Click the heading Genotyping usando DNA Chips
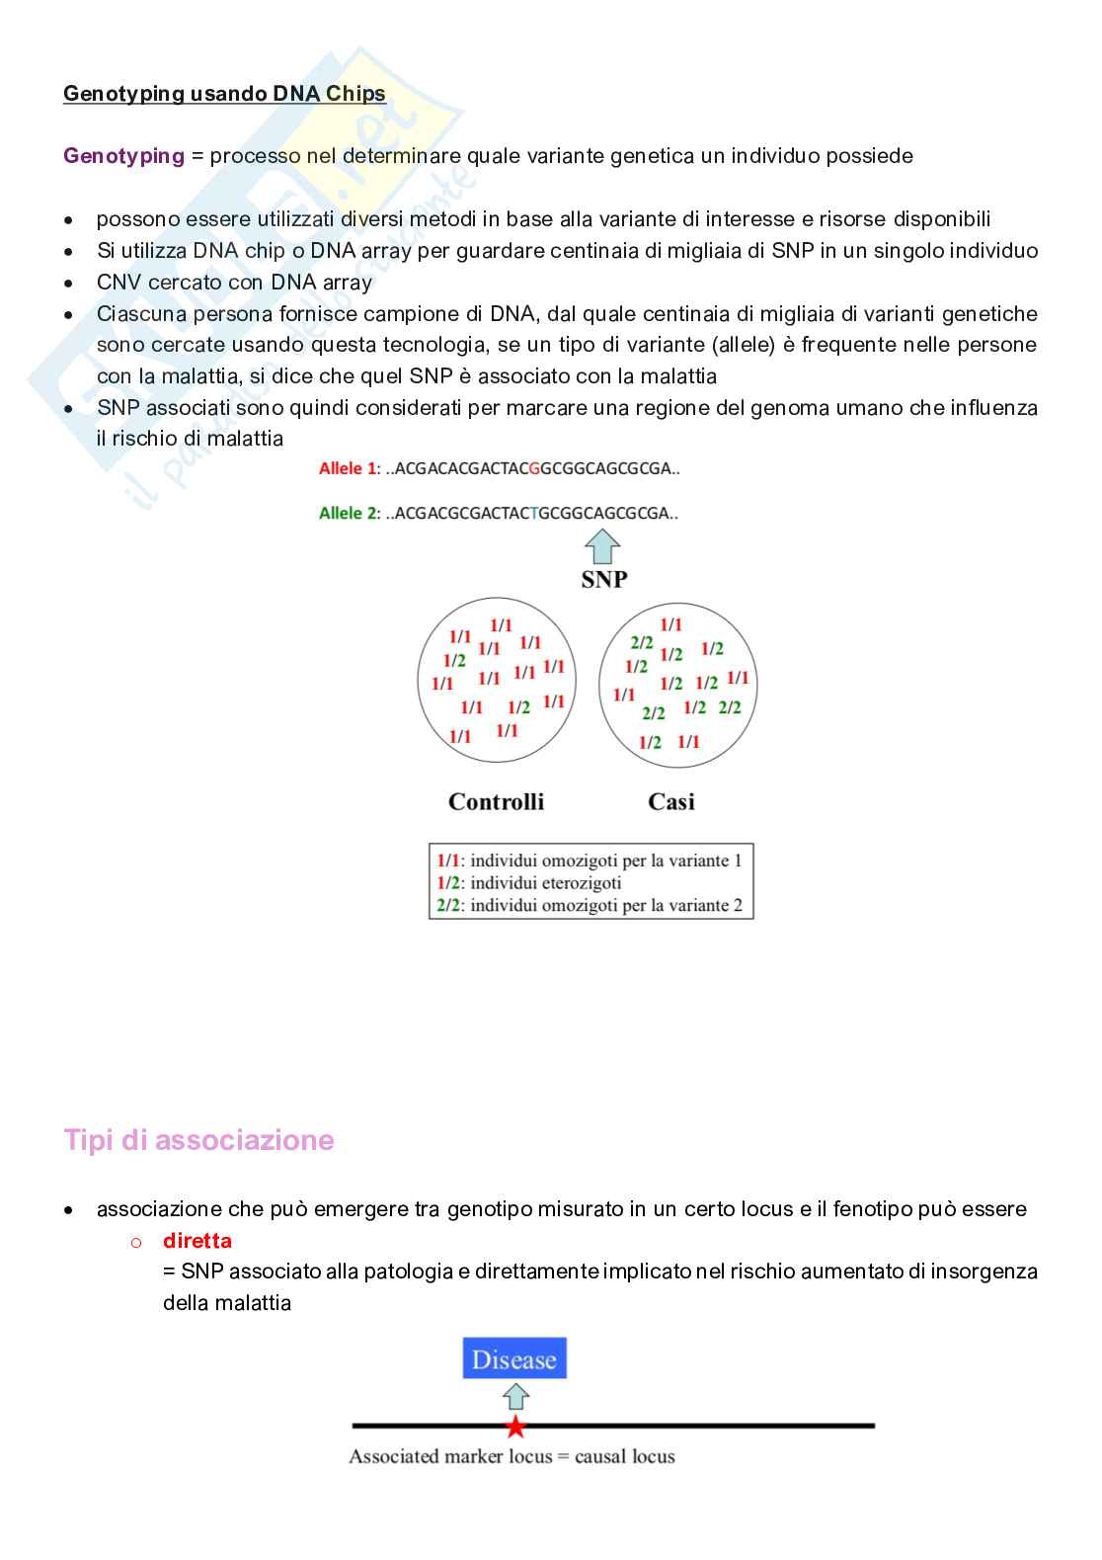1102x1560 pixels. pos(224,94)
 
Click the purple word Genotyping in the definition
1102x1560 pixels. pos(123,156)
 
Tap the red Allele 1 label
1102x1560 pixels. pos(348,468)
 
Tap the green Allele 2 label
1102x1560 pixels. pos(349,513)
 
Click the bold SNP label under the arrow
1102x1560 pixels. pos(603,580)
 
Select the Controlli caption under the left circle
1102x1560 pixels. pos(496,801)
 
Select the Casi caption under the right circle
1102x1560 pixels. pos(671,801)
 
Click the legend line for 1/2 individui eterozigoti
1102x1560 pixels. pos(529,882)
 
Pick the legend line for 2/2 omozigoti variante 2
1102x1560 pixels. pos(590,905)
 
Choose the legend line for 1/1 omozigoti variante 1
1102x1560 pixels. pos(590,861)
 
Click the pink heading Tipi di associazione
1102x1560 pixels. pos(198,1140)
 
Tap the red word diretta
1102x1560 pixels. pos(197,1241)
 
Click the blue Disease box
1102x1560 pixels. pos(514,1359)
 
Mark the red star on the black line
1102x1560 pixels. pos(515,1427)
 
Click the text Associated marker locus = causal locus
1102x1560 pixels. pos(512,1456)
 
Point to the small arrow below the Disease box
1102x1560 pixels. pos(515,1396)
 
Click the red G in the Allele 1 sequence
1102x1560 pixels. pos(534,468)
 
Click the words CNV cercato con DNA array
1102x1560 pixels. pos(234,283)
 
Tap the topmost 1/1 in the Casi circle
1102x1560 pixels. pos(671,624)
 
